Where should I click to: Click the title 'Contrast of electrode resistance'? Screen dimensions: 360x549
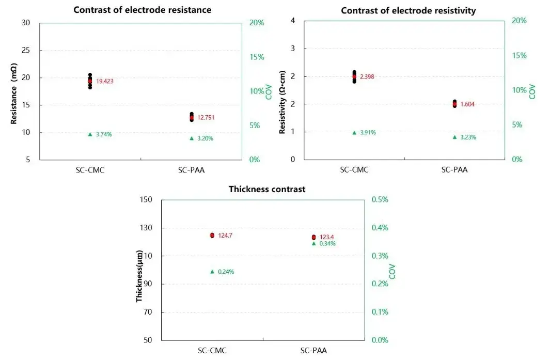[142, 10]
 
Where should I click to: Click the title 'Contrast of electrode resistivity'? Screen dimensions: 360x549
[408, 10]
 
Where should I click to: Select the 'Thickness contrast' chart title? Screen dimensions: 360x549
[267, 189]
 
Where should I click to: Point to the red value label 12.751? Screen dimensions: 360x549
[206, 117]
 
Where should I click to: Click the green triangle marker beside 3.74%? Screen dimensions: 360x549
[90, 134]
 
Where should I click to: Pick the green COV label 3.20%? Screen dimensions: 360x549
[205, 138]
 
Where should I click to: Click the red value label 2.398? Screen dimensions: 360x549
[367, 77]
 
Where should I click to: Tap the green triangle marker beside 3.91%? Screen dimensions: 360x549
[354, 133]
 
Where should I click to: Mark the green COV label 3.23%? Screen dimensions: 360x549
[468, 137]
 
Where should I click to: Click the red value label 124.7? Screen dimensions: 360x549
[225, 236]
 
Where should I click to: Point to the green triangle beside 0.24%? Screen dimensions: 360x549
[212, 271]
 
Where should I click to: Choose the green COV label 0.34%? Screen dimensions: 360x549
[327, 243]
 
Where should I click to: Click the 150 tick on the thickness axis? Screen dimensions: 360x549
[147, 200]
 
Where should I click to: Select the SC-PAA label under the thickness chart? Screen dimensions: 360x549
[313, 351]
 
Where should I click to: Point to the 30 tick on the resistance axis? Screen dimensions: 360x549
[26, 23]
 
